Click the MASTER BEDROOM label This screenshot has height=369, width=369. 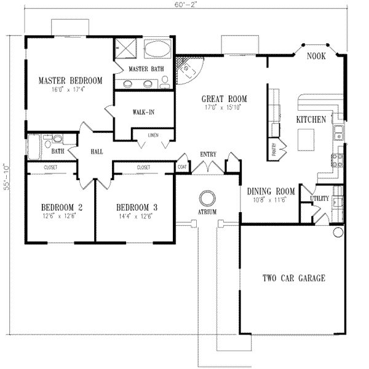click(x=70, y=81)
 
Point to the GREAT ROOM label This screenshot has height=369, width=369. click(x=224, y=98)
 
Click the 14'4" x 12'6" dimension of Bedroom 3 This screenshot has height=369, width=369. click(x=133, y=216)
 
